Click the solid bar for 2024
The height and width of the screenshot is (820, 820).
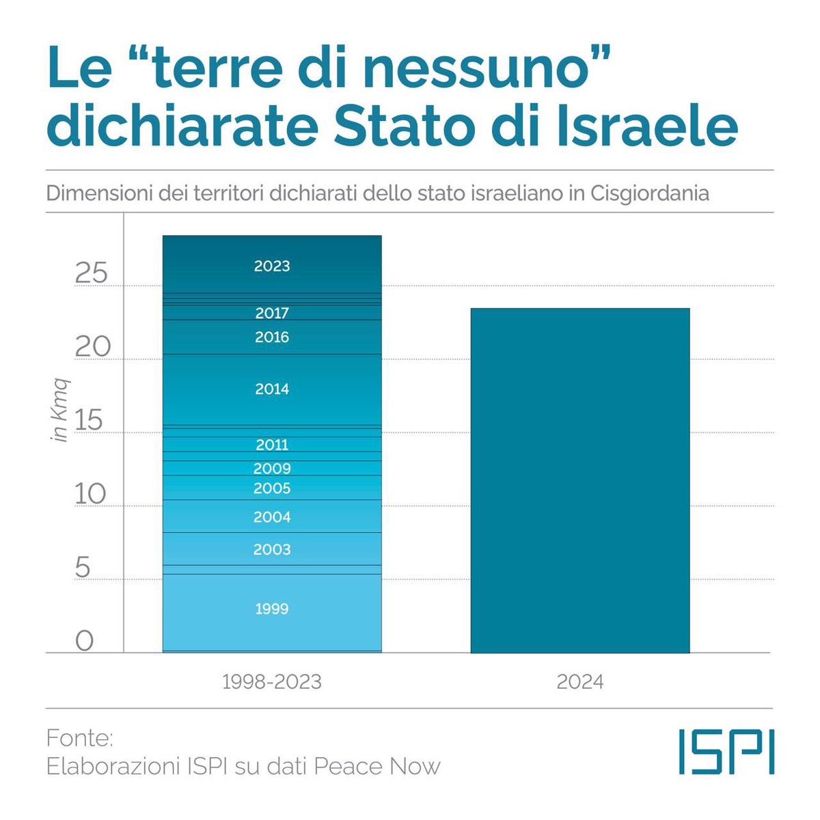coord(580,480)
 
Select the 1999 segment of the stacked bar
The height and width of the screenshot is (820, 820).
coord(272,608)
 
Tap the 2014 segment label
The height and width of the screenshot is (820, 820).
coord(272,389)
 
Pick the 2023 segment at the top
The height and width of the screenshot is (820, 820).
coord(272,266)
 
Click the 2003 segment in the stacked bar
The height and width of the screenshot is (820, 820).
coord(272,549)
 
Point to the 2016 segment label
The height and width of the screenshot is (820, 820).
coord(272,337)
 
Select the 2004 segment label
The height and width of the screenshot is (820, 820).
coord(272,517)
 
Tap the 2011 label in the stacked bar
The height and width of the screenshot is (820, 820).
coord(272,445)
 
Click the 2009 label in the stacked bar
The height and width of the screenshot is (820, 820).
coord(272,469)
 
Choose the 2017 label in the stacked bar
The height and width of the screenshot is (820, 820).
coord(272,313)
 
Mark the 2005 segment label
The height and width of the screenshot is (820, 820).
coord(272,489)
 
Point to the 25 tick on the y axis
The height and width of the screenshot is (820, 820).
coord(91,273)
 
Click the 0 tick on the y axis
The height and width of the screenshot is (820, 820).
coord(84,641)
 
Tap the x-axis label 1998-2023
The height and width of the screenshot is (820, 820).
coord(271,682)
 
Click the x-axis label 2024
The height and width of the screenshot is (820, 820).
coord(580,682)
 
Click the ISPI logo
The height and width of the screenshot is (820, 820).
coord(726,752)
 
